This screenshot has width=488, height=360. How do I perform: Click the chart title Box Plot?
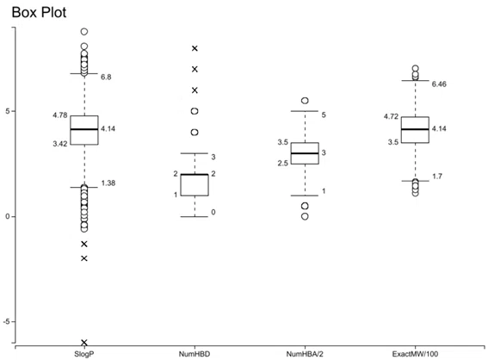point(39,12)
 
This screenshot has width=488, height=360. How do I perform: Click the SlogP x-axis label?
point(84,354)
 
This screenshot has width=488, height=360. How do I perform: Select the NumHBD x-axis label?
point(195,354)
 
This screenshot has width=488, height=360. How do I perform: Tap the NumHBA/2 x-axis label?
point(305,354)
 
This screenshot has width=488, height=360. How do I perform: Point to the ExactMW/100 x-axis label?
point(415,354)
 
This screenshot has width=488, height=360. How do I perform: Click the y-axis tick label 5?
point(8,111)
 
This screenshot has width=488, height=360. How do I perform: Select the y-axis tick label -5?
point(7,321)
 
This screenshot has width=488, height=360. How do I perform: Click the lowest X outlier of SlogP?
point(84,343)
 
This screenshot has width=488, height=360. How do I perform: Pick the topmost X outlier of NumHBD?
point(195,48)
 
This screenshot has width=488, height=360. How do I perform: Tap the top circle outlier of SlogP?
point(84,32)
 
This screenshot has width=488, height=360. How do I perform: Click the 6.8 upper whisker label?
point(106,77)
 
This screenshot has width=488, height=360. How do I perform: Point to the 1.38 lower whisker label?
point(108,183)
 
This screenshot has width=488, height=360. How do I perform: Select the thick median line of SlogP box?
point(84,129)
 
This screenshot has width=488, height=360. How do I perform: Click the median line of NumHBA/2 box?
point(305,153)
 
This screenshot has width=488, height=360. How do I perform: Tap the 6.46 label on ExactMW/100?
point(439,84)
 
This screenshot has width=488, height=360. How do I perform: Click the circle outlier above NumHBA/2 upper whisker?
point(305,101)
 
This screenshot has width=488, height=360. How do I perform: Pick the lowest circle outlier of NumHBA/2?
point(305,216)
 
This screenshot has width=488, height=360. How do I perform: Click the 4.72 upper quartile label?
point(391,116)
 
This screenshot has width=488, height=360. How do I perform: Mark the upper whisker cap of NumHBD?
point(195,153)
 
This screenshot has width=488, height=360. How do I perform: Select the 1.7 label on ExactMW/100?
point(437,177)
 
